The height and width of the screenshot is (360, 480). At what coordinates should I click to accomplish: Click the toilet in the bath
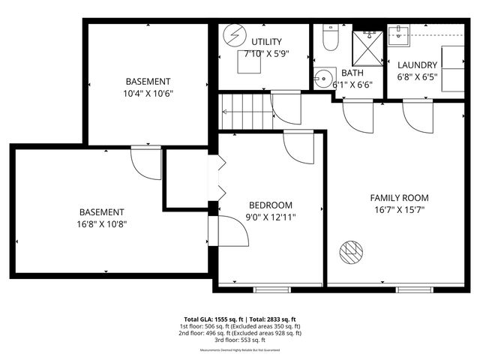(329, 38)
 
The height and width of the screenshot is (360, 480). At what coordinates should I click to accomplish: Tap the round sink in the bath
(325, 77)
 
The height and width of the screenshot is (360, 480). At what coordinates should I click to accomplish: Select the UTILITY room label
(267, 40)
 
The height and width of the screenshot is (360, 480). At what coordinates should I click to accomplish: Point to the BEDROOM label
(271, 205)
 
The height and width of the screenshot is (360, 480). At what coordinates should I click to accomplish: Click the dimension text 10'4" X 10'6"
(148, 93)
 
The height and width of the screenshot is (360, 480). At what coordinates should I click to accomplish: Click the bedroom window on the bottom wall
(271, 289)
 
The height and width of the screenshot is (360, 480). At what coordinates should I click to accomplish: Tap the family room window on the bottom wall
(415, 289)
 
